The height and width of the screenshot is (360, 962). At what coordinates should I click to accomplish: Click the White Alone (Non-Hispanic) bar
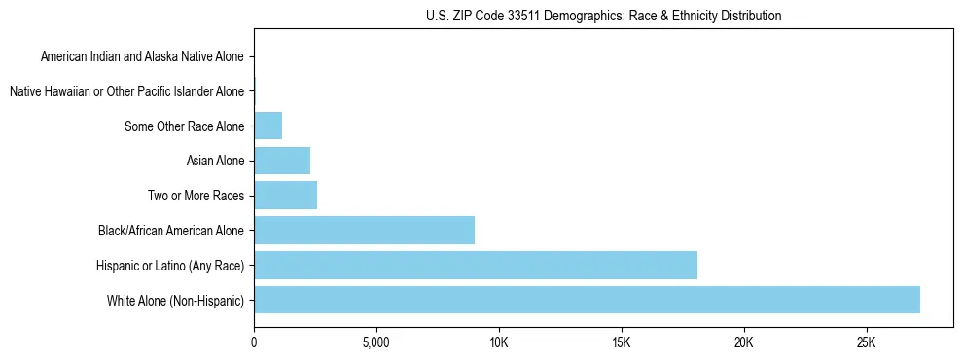[x=587, y=300]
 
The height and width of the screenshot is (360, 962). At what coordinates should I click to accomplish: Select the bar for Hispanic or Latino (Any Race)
[x=476, y=265]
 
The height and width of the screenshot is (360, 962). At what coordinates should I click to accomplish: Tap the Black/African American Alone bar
[x=364, y=231]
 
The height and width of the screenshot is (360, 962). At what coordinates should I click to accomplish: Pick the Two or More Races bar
[x=285, y=196]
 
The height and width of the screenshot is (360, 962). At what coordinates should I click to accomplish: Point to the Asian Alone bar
[x=282, y=161]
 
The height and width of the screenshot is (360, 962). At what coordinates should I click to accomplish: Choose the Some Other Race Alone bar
[x=267, y=126]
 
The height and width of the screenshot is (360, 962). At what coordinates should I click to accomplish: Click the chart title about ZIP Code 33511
[x=603, y=16]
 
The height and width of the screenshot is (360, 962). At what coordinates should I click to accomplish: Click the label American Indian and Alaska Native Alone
[x=142, y=56]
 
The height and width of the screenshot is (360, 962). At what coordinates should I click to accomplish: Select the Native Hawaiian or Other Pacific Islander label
[x=126, y=91]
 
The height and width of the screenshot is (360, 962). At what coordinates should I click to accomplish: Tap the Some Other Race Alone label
[x=184, y=126]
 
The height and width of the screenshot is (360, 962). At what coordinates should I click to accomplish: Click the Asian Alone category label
[x=215, y=161]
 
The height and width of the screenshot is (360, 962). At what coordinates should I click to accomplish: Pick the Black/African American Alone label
[x=171, y=231]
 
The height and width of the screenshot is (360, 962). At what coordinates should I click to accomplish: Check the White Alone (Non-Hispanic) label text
[x=176, y=300]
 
